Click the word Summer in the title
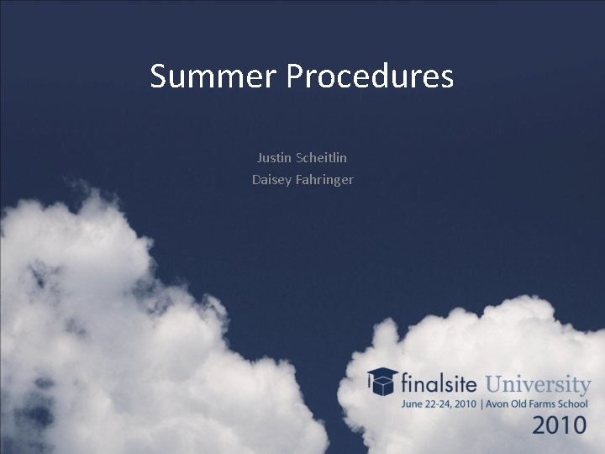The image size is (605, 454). tap(213, 77)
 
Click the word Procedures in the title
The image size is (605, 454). tap(370, 77)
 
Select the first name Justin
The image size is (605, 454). tap(275, 157)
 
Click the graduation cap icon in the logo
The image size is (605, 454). tap(382, 383)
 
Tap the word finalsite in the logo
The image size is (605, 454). tap(439, 385)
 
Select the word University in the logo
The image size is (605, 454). tap(539, 385)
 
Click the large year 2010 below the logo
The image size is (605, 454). tap(560, 425)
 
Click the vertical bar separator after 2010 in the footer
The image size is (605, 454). tap(481, 404)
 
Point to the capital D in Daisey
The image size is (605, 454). tap(256, 179)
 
